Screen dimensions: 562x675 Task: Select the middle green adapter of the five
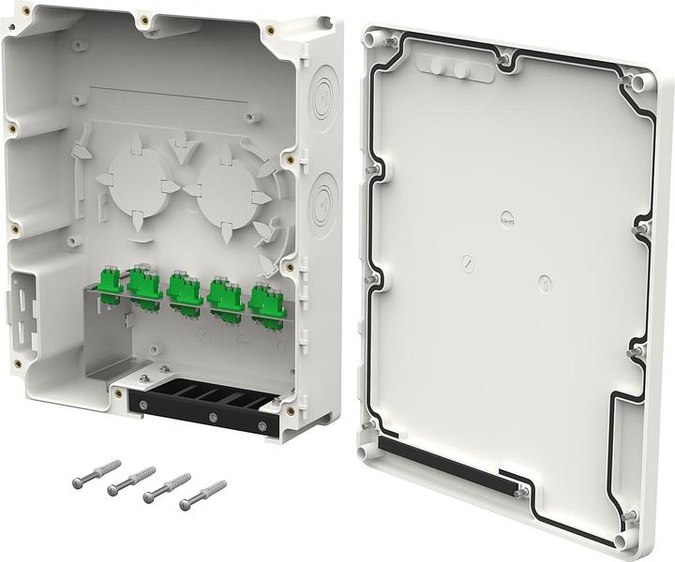click(185, 291)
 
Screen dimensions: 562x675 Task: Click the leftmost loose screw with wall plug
click(97, 474)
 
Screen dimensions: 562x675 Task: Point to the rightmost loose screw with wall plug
click(202, 495)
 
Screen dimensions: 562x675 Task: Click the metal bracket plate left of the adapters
click(112, 337)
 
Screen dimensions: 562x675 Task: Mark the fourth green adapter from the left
click(225, 296)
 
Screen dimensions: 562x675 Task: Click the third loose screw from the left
click(167, 488)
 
